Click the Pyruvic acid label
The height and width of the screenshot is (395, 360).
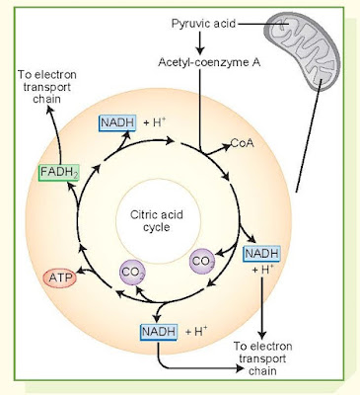click(203, 24)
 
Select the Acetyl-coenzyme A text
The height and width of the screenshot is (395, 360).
click(209, 62)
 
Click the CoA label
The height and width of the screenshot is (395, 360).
click(243, 143)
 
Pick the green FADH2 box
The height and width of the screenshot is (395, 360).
click(59, 172)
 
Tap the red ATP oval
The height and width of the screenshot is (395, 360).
click(60, 278)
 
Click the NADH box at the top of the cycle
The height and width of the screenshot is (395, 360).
click(117, 122)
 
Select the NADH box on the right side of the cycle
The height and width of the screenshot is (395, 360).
click(261, 254)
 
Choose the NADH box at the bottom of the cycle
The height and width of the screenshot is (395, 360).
click(159, 332)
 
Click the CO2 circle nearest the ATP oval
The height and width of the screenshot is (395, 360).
click(132, 273)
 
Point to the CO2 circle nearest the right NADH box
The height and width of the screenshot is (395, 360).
click(203, 262)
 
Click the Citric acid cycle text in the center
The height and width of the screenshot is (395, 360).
click(157, 221)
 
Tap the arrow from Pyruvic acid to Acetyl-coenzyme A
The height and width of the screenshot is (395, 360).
click(199, 43)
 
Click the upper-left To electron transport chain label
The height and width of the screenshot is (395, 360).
click(47, 87)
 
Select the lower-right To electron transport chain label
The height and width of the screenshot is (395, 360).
click(262, 358)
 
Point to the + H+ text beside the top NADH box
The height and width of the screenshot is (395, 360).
click(155, 122)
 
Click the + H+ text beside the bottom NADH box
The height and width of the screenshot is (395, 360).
click(196, 331)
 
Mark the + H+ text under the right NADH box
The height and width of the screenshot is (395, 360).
click(263, 270)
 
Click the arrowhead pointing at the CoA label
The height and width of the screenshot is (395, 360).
click(227, 146)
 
